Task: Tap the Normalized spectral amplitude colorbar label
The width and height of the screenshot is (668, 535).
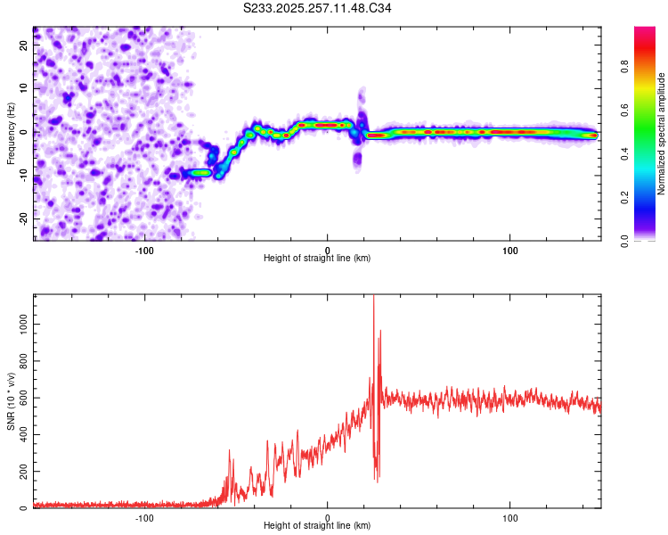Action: (661, 135)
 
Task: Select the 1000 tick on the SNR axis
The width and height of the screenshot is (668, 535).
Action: (20, 327)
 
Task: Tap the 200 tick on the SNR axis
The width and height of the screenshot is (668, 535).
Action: (22, 472)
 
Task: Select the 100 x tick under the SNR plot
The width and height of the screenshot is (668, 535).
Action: (510, 516)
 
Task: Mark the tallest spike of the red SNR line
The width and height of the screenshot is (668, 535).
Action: (373, 297)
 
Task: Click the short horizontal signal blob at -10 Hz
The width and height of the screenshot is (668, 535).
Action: (197, 172)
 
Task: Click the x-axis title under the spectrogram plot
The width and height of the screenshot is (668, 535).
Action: (317, 258)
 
